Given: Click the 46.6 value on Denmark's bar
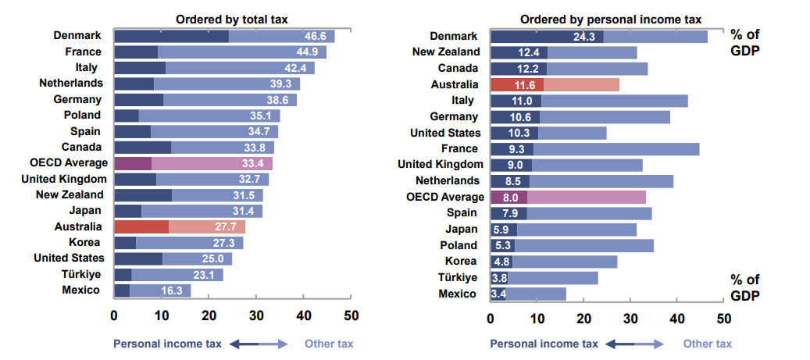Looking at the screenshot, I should (x=315, y=36).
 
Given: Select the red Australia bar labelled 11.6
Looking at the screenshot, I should (x=516, y=84).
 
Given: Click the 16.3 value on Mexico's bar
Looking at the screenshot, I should (x=171, y=290).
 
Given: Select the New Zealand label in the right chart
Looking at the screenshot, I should (x=445, y=52).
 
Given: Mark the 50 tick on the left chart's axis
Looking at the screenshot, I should (x=351, y=315).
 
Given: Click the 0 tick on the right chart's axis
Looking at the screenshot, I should (x=491, y=319).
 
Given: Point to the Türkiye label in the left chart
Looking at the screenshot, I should (x=81, y=274).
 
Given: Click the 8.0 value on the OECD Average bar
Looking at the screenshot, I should (x=511, y=198).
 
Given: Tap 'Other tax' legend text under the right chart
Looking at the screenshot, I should (x=708, y=344).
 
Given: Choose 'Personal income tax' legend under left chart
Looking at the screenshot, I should (x=167, y=344).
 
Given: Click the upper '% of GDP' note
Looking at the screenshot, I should (x=745, y=42).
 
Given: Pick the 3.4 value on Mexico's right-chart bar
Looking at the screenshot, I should (x=498, y=294).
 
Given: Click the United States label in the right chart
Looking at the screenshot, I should (x=444, y=133).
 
